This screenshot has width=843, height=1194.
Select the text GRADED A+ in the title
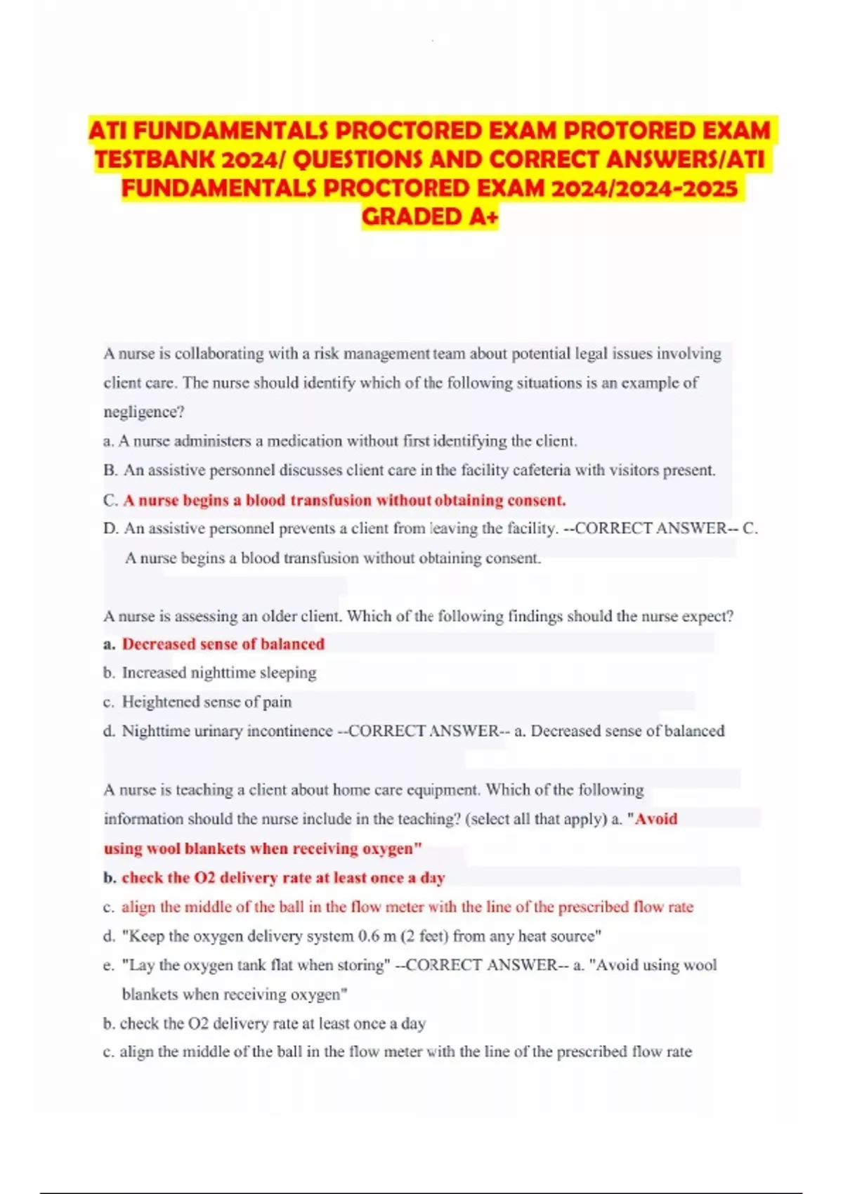[430, 217]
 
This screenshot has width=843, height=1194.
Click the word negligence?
[144, 412]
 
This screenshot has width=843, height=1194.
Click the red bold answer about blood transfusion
[344, 500]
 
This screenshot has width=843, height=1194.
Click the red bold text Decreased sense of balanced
[223, 644]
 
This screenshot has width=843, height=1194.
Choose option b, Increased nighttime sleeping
[219, 673]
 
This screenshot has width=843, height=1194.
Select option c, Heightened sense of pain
[207, 702]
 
